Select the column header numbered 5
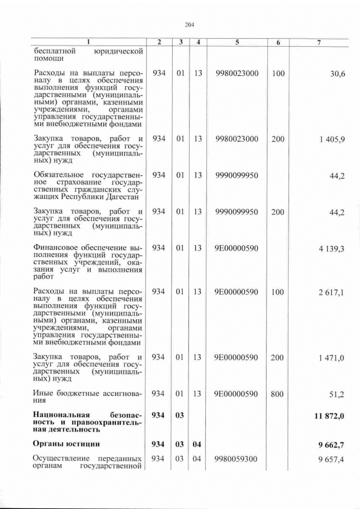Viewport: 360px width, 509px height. (236, 43)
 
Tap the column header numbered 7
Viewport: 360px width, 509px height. (318, 43)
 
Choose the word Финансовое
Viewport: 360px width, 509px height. (58, 247)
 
